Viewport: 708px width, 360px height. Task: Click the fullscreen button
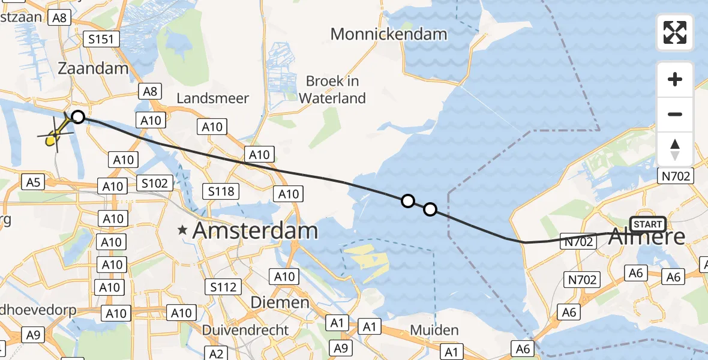tap(675, 32)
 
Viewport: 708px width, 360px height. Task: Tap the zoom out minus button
tap(675, 114)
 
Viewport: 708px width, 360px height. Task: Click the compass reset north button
tap(675, 149)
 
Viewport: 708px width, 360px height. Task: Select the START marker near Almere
tap(647, 224)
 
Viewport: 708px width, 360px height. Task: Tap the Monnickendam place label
tap(389, 34)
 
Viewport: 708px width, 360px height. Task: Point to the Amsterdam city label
tap(254, 230)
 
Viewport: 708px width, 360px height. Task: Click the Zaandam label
tap(93, 68)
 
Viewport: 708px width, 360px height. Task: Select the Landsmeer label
tap(214, 98)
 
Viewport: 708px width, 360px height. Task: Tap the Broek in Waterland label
tap(332, 89)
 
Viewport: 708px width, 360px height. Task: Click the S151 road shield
tap(101, 40)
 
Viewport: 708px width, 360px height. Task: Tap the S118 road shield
tap(221, 192)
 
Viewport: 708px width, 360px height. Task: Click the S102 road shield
tap(155, 183)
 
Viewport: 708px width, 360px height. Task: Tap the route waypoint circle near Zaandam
tap(77, 116)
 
